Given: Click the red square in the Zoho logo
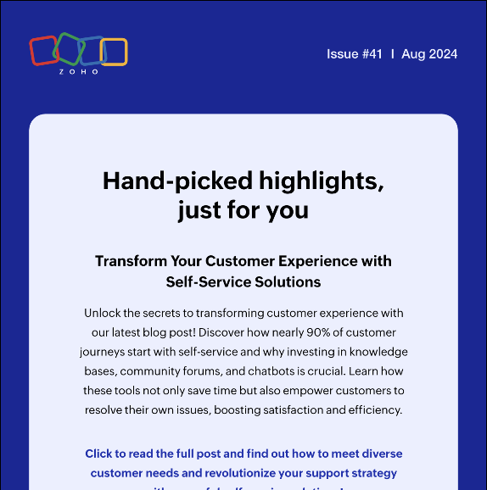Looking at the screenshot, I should pyautogui.click(x=42, y=51).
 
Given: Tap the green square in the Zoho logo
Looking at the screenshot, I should pyautogui.click(x=67, y=49).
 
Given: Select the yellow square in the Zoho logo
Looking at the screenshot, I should pyautogui.click(x=114, y=52).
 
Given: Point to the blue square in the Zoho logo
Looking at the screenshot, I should pyautogui.click(x=91, y=51).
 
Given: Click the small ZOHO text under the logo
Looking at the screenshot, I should pyautogui.click(x=79, y=72).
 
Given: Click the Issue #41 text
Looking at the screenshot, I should pyautogui.click(x=355, y=54).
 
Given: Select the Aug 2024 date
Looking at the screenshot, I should pyautogui.click(x=429, y=54).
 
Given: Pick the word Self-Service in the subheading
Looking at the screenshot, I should pyautogui.click(x=207, y=281).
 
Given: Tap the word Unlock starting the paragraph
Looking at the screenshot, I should pyautogui.click(x=106, y=313).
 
